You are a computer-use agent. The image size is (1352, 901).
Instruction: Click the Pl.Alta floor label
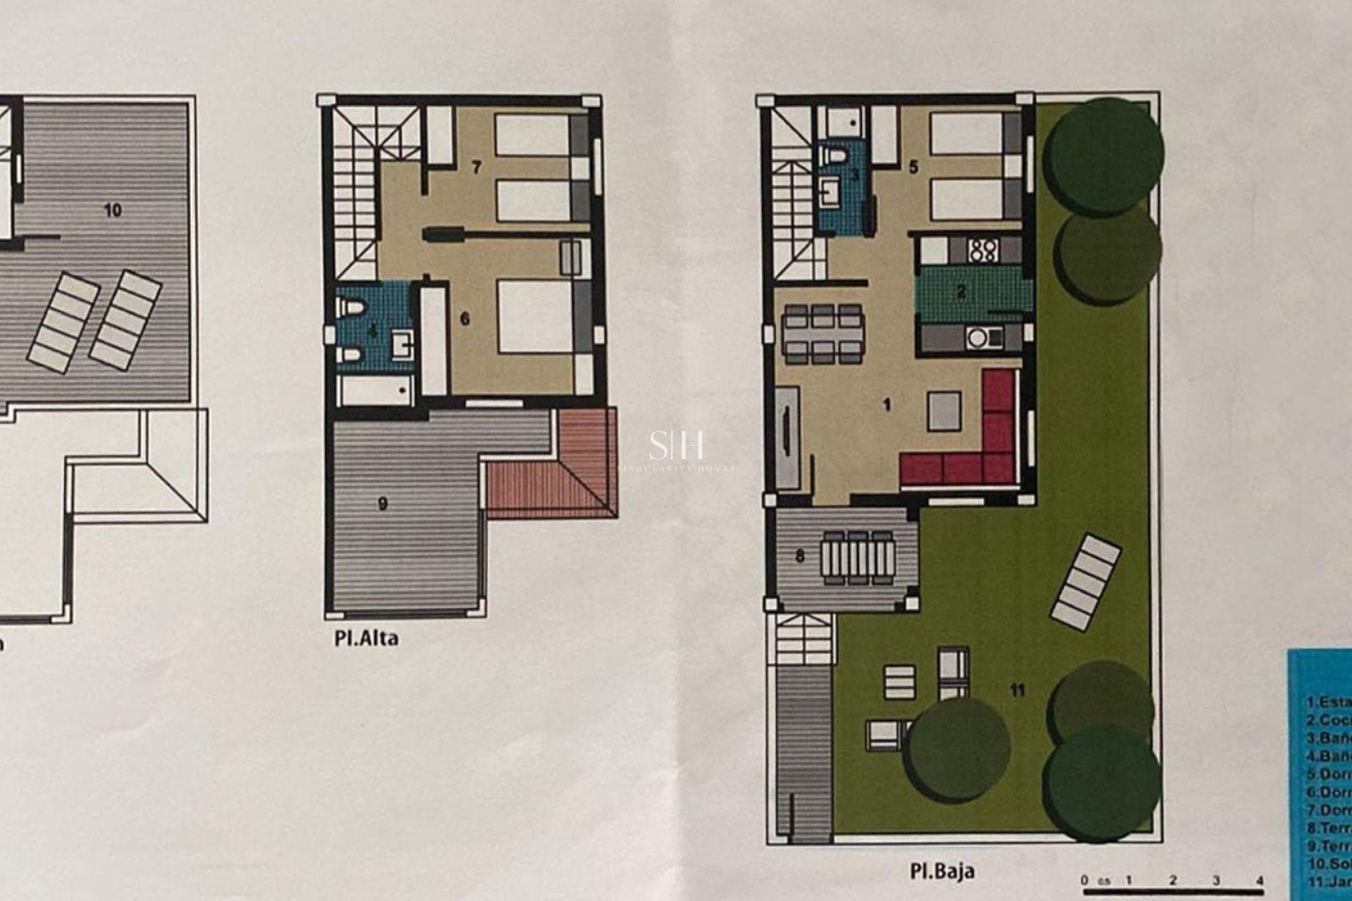366,639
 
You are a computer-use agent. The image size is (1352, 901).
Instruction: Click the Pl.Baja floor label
941,871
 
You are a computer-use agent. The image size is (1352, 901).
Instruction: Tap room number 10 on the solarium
113,210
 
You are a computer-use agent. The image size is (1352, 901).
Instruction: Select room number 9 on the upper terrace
383,504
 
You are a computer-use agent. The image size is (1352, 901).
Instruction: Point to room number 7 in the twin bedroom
477,168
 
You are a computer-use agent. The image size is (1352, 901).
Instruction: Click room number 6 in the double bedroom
465,319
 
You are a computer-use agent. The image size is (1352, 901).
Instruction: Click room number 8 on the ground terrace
799,556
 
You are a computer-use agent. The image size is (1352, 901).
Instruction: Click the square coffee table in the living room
944,411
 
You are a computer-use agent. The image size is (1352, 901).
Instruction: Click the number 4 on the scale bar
1259,880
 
